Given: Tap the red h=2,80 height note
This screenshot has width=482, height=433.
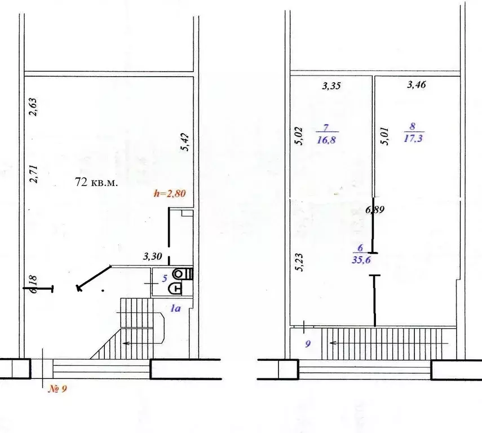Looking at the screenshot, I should (170, 193).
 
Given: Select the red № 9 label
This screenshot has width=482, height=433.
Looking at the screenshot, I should (56, 388).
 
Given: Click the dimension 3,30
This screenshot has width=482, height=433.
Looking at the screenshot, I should (152, 257).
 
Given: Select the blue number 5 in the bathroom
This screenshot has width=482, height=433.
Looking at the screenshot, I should (165, 277).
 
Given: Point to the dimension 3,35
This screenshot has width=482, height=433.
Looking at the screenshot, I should (332, 86).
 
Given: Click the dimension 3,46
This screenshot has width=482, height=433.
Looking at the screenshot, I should (416, 85).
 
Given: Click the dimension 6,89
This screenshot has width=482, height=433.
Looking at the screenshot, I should (375, 210).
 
